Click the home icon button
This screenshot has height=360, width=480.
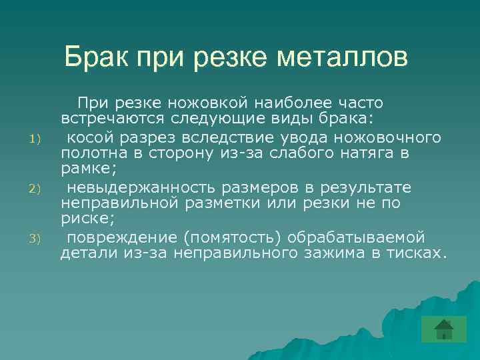point(443,329)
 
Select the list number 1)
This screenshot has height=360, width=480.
point(37,139)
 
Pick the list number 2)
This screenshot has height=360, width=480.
point(37,189)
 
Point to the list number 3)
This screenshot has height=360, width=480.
point(37,239)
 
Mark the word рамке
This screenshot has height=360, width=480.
point(84,169)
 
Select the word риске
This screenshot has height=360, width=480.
point(83,219)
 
